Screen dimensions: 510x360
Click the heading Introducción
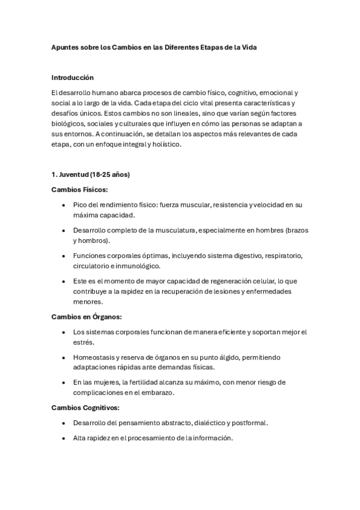(73, 78)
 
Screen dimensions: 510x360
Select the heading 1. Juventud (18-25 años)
(90, 175)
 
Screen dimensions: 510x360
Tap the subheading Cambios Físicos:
(79, 189)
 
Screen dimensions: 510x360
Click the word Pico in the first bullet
(81, 205)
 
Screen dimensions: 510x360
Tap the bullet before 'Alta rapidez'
(64, 438)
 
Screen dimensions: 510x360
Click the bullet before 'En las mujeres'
(64, 382)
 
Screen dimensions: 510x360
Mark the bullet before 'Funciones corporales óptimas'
(64, 256)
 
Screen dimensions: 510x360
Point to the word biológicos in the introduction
(69, 123)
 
